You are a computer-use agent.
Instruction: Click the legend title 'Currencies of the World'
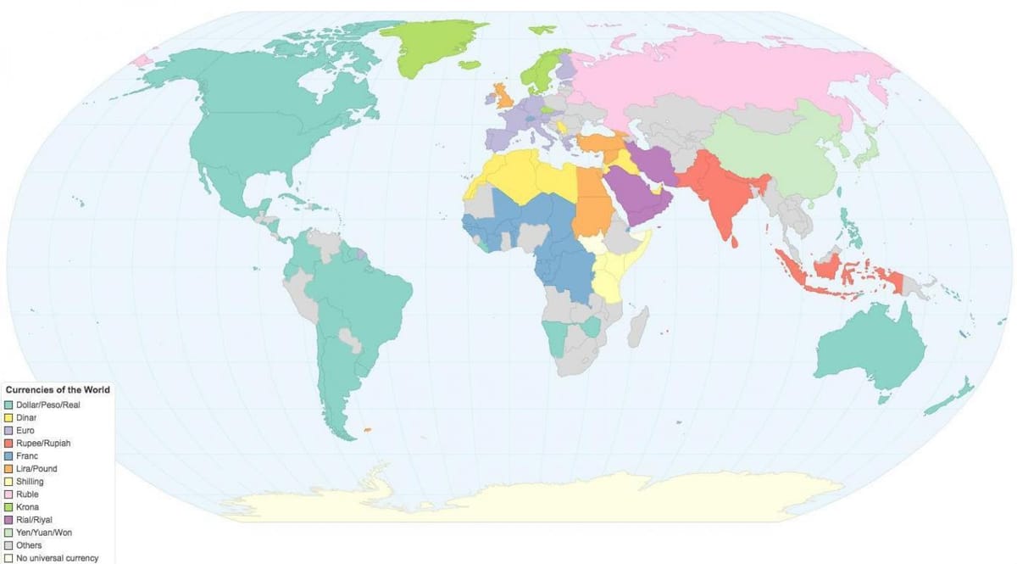pyautogui.click(x=58, y=390)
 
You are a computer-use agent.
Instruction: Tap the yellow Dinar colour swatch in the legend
pyautogui.click(x=8, y=417)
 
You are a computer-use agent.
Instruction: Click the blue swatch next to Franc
pyautogui.click(x=8, y=456)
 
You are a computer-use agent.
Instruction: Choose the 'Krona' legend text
pyautogui.click(x=27, y=507)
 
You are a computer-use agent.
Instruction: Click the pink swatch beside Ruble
pyautogui.click(x=8, y=494)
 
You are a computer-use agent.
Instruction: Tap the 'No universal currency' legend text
pyautogui.click(x=57, y=558)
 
